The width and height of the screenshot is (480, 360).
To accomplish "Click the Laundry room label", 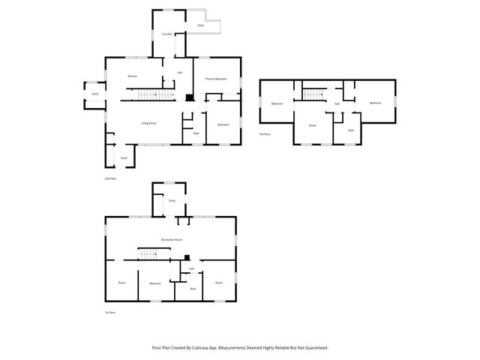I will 167,34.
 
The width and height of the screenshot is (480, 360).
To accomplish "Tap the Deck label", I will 200,26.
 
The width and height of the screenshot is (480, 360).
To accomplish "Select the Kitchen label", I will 132,76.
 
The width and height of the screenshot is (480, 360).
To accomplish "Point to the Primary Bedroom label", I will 216,79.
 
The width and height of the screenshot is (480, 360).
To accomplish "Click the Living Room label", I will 148,123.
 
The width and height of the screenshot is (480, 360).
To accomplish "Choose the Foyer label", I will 124,158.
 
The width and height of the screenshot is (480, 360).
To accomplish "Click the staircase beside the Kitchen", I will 147,94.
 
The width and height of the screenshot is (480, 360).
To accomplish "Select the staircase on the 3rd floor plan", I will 312,94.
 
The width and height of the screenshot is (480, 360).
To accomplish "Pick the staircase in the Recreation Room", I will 148,253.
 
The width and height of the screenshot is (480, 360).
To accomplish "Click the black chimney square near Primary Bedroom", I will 190,97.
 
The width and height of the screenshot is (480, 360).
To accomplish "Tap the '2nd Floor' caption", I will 110,178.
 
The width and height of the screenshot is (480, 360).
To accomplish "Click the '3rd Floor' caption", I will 264,134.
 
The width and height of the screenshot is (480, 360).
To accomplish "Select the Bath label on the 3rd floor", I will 351,130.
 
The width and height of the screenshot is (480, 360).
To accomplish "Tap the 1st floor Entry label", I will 172,201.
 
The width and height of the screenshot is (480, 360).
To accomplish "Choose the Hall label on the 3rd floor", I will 337,103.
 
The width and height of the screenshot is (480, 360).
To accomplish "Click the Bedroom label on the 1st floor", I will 155,283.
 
